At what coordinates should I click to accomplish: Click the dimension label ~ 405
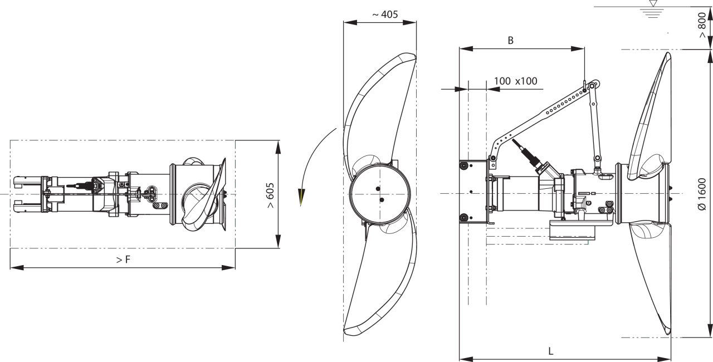point(385,14)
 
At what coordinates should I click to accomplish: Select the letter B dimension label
point(510,41)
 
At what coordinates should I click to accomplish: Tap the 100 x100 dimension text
point(516,81)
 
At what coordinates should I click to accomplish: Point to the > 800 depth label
point(702,25)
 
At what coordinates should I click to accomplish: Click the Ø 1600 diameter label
point(701,194)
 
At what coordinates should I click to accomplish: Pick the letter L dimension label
point(551,351)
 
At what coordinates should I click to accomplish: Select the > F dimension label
point(123,260)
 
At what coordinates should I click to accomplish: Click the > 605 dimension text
point(270,195)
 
